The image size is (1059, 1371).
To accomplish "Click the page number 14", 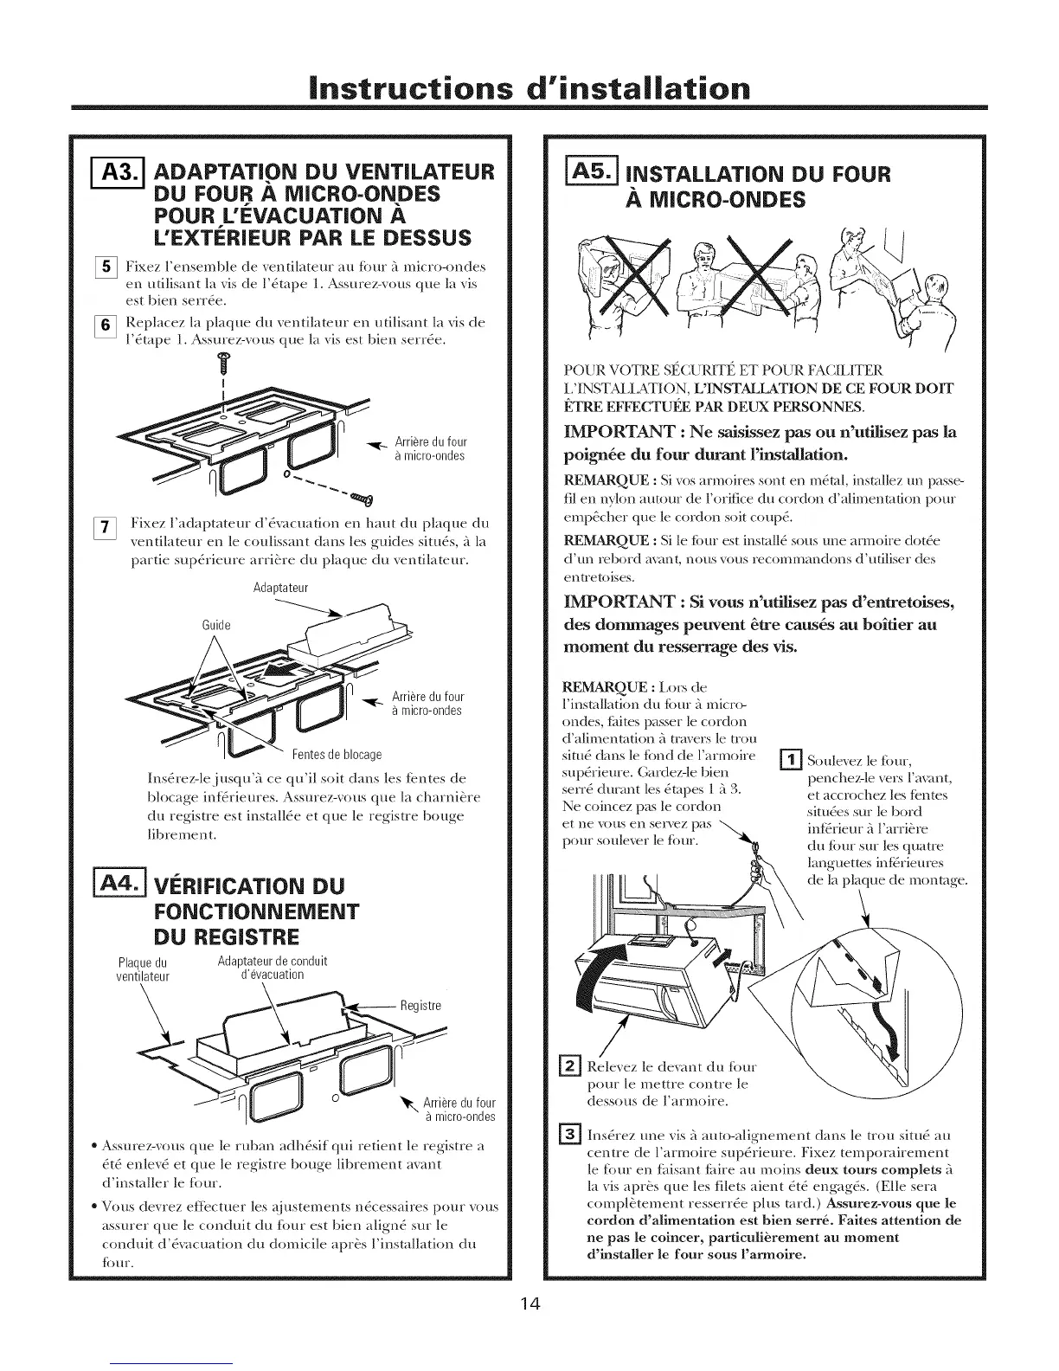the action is pyautogui.click(x=529, y=1305).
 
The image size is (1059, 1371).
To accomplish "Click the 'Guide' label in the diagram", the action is pyautogui.click(x=218, y=625).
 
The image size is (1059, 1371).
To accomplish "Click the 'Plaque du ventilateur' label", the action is pyautogui.click(x=143, y=969).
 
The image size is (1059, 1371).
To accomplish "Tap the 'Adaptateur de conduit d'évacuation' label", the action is pyautogui.click(x=272, y=968).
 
